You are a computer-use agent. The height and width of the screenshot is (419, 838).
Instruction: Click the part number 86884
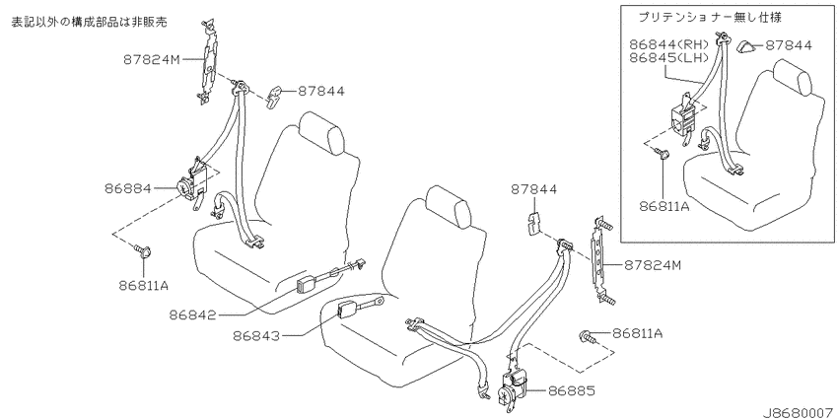pos(128,188)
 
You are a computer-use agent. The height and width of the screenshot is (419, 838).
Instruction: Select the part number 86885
pos(571,391)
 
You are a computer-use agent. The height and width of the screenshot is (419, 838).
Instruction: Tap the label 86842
pos(193,315)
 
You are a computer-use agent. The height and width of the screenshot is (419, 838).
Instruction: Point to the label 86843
pos(256,336)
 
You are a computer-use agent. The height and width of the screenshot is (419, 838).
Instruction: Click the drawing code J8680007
pos(800,413)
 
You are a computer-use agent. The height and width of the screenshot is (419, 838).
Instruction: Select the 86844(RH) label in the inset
pos(668,44)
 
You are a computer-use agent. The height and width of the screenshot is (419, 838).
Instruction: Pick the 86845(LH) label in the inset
pos(668,57)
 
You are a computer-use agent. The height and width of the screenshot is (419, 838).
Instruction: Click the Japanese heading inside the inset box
pos(710,18)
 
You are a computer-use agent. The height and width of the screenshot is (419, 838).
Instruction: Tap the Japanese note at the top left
pos(90,22)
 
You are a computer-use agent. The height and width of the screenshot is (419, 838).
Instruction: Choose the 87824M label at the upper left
pos(152,60)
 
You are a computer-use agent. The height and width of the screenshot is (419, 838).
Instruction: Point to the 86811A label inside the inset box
pos(663,206)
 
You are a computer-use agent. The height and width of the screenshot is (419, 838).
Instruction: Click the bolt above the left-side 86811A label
pos(143,250)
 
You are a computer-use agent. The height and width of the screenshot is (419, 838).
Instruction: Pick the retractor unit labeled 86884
pos(193,184)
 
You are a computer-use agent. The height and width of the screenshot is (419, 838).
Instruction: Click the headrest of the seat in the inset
pos(792,78)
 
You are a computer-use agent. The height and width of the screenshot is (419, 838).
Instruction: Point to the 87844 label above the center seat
pos(533,189)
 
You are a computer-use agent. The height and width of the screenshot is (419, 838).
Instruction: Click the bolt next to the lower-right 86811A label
pos(588,337)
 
